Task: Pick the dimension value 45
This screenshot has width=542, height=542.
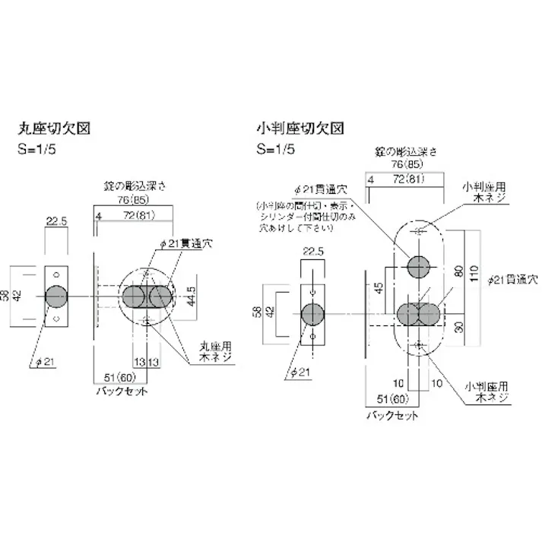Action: click(x=379, y=289)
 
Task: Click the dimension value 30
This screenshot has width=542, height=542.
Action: click(x=458, y=329)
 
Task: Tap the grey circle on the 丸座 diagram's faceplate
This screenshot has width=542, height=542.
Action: click(x=56, y=296)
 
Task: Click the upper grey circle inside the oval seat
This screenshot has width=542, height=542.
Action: click(x=419, y=267)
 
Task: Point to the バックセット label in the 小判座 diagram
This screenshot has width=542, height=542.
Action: click(x=392, y=416)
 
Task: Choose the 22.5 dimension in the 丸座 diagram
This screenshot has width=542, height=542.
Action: click(x=58, y=221)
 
